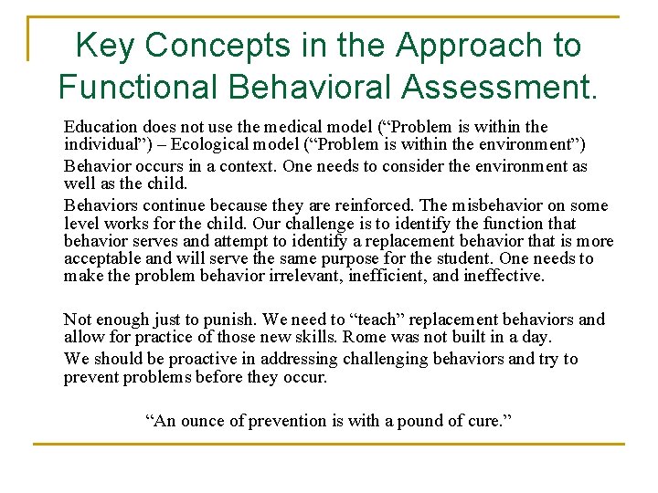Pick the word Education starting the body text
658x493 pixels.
tap(100, 126)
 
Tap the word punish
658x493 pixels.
tap(228, 319)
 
